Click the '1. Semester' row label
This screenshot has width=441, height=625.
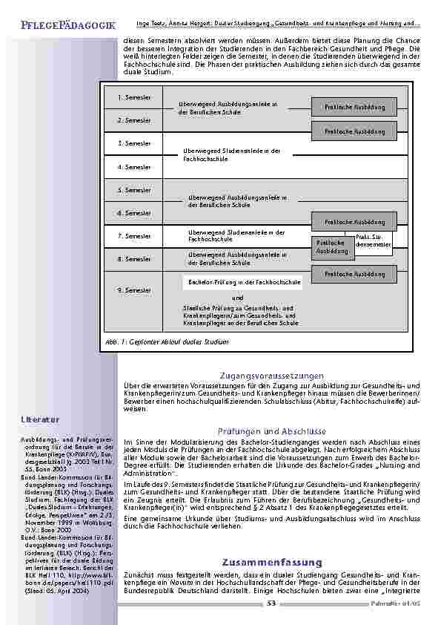[x=134, y=97]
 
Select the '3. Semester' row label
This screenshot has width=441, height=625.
[x=134, y=143]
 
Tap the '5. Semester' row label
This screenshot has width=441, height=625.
[x=134, y=190]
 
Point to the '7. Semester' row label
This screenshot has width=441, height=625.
[x=134, y=236]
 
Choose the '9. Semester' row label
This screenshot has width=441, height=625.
[x=134, y=290]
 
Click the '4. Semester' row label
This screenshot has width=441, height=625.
[x=134, y=167]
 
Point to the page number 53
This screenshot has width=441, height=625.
[x=271, y=604]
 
